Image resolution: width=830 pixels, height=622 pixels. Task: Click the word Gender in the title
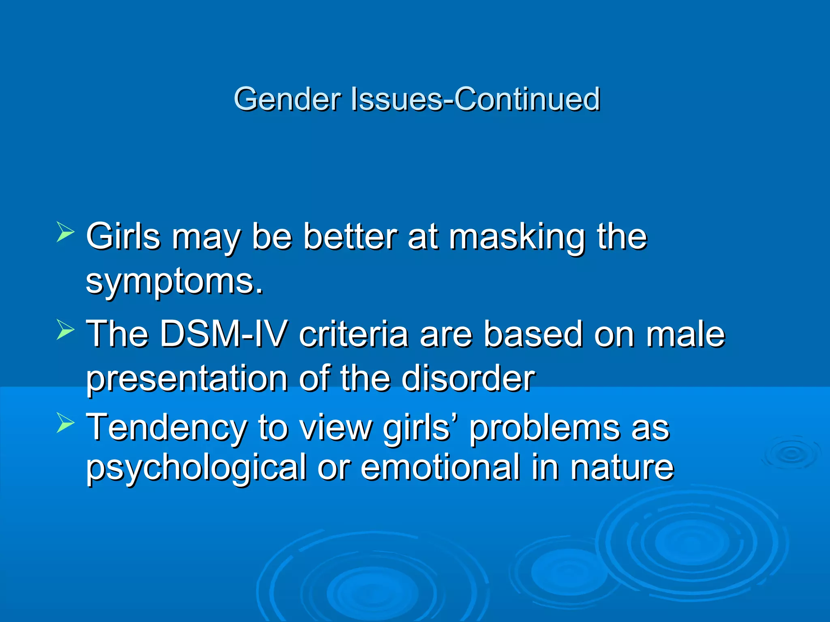coord(287,99)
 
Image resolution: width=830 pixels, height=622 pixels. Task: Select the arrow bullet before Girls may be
coord(65,232)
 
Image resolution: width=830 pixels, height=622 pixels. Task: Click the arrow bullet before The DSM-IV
coord(65,329)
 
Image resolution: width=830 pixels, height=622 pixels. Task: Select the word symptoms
coord(174,283)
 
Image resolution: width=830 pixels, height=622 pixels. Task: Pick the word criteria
coord(353,334)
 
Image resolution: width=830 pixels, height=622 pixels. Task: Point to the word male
coord(685,334)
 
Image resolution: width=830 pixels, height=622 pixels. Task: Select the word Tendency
coord(167,428)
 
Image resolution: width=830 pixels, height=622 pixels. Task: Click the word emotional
coord(440,467)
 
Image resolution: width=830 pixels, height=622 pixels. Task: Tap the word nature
coord(622,468)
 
